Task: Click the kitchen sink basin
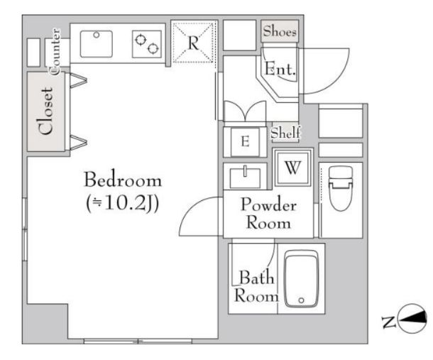point(96,44)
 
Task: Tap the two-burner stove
point(147,44)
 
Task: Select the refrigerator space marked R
point(193,43)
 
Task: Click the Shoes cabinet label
point(280,31)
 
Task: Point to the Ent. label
point(280,69)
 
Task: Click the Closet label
point(46,111)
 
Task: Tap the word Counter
point(55,52)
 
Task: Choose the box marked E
point(245,142)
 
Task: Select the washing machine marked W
point(292,167)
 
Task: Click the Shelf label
point(285,133)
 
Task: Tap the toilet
point(341,188)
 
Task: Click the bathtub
point(302,279)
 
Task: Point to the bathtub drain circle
point(301,300)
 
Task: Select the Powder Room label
point(269,213)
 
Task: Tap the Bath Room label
point(256,286)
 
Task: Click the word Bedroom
point(123,180)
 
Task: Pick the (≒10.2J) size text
point(123,204)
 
